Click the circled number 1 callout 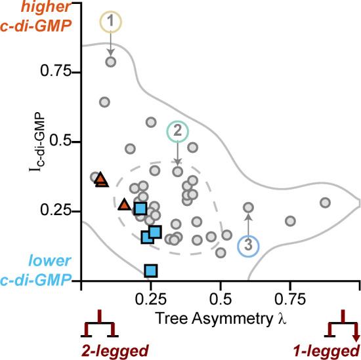click(x=110, y=23)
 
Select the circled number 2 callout click(x=177, y=131)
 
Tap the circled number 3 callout click(x=247, y=245)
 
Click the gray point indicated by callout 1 click(x=111, y=62)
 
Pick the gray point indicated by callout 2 click(x=177, y=171)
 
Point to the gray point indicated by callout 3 click(x=248, y=207)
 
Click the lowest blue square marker click(x=151, y=270)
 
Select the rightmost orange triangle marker click(x=124, y=205)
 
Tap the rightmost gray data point click(x=325, y=203)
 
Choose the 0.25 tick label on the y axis click(x=55, y=211)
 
